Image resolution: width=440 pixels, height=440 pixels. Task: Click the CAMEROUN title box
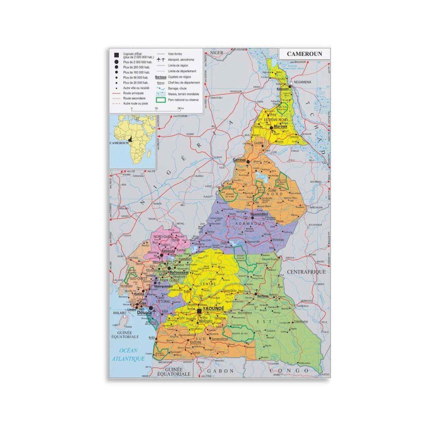[x=304, y=54]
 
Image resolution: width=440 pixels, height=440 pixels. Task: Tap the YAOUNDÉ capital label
[x=213, y=309]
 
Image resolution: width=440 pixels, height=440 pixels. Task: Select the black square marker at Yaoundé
[x=199, y=311]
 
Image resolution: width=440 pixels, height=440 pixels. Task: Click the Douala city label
[x=144, y=313]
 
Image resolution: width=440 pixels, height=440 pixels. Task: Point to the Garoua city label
[x=239, y=159]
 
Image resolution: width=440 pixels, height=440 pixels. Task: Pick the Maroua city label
[x=280, y=126]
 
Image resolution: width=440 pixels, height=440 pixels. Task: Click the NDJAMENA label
[x=302, y=82]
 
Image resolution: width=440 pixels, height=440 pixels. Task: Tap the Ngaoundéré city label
[x=259, y=214]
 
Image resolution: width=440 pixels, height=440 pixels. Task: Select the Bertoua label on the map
[x=263, y=296]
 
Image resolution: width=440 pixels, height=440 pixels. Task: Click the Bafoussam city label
[x=179, y=272]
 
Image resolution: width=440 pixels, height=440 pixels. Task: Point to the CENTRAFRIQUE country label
[x=306, y=272]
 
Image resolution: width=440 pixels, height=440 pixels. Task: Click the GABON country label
[x=220, y=371]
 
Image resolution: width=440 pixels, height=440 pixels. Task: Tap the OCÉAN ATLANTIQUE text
[x=128, y=354]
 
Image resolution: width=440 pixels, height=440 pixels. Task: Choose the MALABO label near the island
[x=120, y=313]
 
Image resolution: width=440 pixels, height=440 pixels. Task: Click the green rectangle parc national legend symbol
[x=161, y=100]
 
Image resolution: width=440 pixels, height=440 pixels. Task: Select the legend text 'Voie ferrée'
[x=175, y=54]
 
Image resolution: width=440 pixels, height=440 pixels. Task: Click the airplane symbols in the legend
[x=161, y=60]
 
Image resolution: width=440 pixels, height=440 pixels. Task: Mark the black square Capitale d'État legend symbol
[x=117, y=55]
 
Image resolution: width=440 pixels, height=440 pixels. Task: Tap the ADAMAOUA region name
[x=250, y=224]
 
